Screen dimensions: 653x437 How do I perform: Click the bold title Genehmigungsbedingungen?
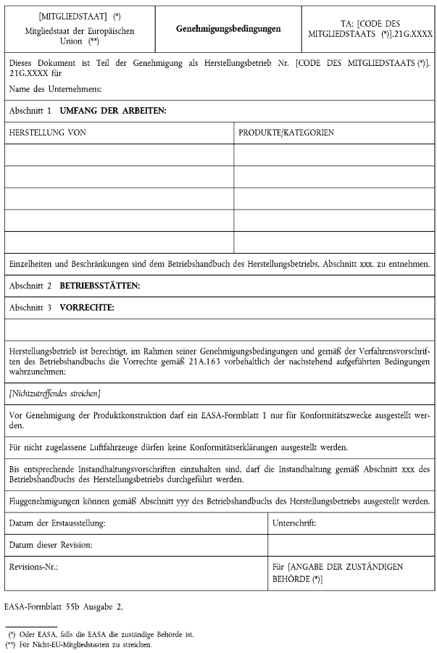coord(228,29)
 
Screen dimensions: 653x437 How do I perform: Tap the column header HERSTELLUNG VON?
coord(46,133)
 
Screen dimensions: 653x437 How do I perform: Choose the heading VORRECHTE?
coord(87,307)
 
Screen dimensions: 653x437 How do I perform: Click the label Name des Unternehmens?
coord(55,88)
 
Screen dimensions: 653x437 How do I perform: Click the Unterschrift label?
coord(294,523)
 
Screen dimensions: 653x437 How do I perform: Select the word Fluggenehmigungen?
coord(42,502)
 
